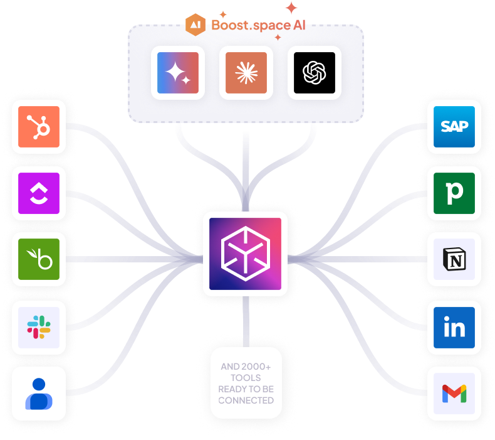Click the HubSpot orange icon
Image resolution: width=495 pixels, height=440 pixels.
click(x=39, y=127)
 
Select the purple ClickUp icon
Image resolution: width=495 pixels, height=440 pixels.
click(x=39, y=193)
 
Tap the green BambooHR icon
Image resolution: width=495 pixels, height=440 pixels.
click(x=39, y=259)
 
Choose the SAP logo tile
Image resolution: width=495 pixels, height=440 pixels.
click(x=454, y=126)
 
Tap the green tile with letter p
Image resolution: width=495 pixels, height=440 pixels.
click(x=454, y=193)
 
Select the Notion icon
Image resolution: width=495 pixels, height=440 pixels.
click(x=454, y=259)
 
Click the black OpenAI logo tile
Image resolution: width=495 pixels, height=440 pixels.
click(x=315, y=73)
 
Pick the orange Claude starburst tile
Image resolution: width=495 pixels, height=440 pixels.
click(x=246, y=73)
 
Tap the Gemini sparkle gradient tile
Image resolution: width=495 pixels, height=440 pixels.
click(x=178, y=73)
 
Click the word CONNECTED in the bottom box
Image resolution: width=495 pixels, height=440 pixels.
click(x=246, y=400)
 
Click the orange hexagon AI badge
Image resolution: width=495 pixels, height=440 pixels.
click(x=196, y=24)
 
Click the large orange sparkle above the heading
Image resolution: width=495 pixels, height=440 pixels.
click(x=291, y=8)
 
